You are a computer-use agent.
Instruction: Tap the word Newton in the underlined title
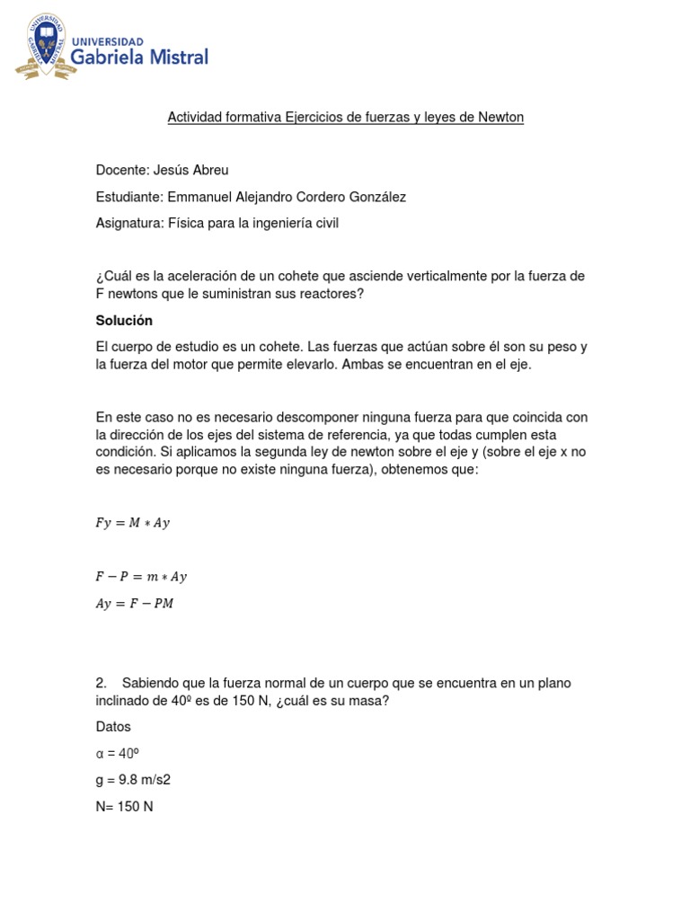[x=500, y=118]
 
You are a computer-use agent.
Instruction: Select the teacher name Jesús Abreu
[x=197, y=170]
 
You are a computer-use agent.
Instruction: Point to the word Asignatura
[x=129, y=223]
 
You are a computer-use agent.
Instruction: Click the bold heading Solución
[x=124, y=321]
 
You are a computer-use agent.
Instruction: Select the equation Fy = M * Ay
[x=132, y=523]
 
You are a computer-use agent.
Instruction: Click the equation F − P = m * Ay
[x=141, y=577]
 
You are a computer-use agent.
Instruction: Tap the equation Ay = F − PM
[x=135, y=604]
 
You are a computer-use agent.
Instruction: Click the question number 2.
[x=101, y=683]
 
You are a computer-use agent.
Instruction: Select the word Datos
[x=113, y=727]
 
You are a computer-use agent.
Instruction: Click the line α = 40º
[x=119, y=754]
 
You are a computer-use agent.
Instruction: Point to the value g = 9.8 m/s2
[x=133, y=780]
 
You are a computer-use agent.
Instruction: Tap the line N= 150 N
[x=124, y=807]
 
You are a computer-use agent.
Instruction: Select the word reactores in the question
[x=332, y=294]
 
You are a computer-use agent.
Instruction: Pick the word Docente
[x=121, y=170]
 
